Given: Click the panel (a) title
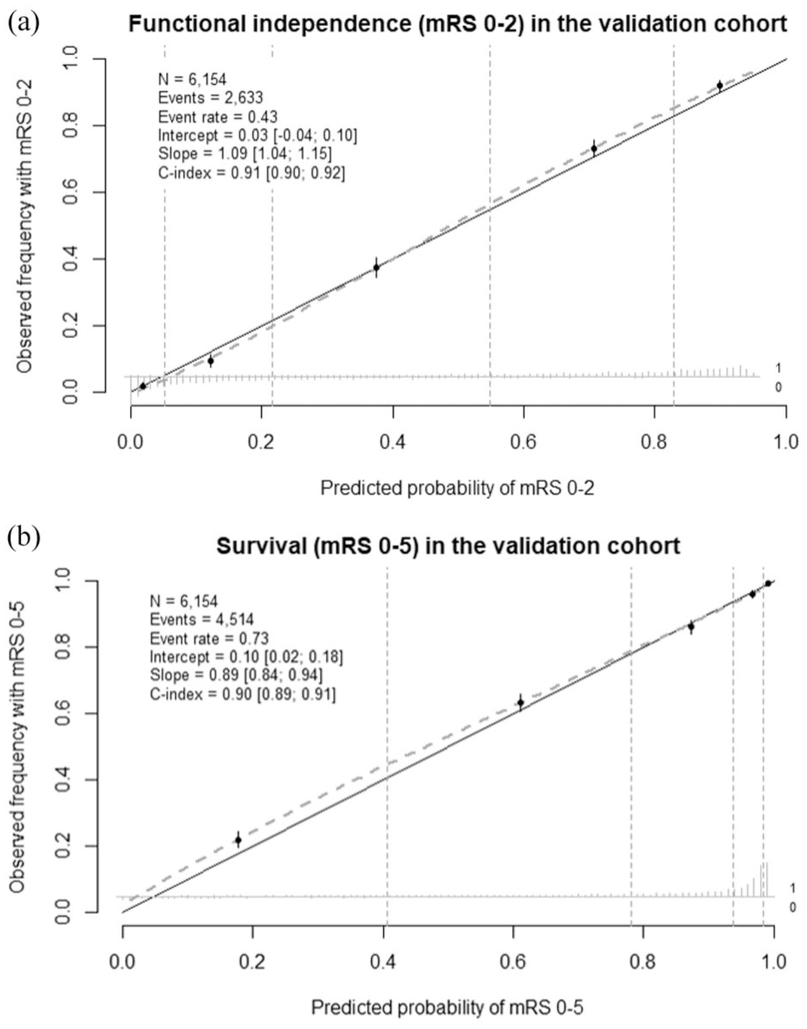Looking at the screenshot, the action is point(458,24).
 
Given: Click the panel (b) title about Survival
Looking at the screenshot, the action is point(448,546).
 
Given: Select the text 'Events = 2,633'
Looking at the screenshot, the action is point(211,98).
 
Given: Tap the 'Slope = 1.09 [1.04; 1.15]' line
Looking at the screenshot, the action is point(244,154).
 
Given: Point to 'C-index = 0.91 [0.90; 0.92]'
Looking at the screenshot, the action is point(251,173).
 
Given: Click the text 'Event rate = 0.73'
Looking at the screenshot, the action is point(209,639).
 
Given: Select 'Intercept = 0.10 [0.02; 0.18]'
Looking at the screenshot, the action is point(246,657).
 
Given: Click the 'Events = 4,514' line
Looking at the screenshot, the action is point(202,620).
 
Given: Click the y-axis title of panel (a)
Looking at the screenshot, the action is point(25,225).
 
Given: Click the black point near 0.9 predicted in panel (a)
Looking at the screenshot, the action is point(719,85).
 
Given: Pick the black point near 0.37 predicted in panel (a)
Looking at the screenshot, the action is point(376,267).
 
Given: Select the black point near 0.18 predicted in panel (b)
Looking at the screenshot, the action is point(238,840).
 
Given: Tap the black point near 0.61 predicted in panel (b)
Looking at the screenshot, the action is point(520,703).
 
